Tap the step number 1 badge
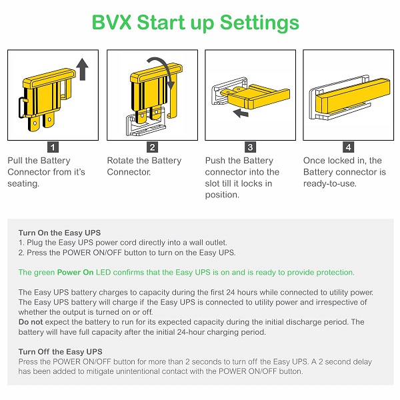click(x=53, y=147)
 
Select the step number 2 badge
click(x=153, y=147)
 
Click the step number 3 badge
click(x=250, y=147)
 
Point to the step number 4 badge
click(x=348, y=147)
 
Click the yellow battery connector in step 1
click(x=47, y=93)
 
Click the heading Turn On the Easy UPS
click(x=59, y=232)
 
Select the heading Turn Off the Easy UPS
click(x=60, y=351)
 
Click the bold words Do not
click(x=29, y=322)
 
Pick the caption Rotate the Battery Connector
click(x=144, y=166)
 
